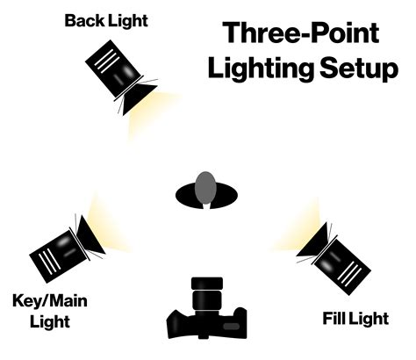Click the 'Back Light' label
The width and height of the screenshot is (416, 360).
coord(105,19)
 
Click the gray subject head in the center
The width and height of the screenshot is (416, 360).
coord(206,186)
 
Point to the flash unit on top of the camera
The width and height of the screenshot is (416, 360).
coord(205,286)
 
